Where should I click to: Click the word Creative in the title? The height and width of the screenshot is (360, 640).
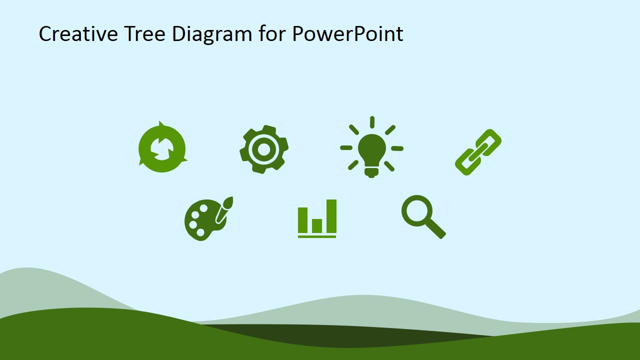click(x=78, y=33)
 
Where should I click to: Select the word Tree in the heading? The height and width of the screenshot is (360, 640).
click(x=145, y=33)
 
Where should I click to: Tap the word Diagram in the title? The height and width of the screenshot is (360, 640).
click(x=212, y=35)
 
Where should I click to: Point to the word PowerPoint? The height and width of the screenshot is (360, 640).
click(x=347, y=33)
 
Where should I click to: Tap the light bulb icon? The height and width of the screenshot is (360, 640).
click(x=371, y=147)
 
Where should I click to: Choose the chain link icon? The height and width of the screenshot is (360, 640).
click(x=478, y=152)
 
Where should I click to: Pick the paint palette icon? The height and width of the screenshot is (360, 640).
click(x=208, y=219)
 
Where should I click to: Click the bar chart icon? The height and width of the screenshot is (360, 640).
click(x=317, y=218)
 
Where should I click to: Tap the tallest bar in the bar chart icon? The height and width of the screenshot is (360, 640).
click(x=331, y=216)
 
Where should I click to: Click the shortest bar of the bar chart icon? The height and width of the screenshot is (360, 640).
click(x=317, y=226)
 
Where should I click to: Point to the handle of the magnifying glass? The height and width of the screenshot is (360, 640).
click(x=435, y=228)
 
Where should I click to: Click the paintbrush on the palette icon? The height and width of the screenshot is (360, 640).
click(x=224, y=209)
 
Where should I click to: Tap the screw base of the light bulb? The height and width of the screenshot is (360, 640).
click(x=371, y=172)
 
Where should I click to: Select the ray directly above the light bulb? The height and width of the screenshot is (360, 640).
click(x=372, y=122)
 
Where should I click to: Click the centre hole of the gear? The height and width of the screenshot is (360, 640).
click(x=263, y=149)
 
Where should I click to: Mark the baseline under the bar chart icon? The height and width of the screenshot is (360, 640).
click(x=317, y=236)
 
